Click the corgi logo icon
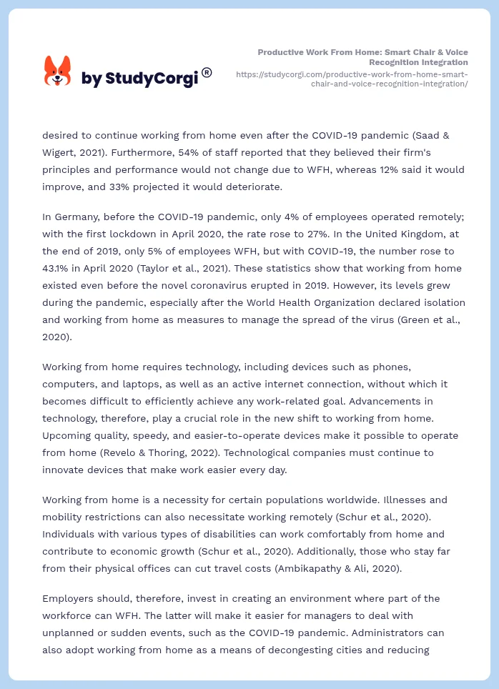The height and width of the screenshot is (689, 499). [58, 71]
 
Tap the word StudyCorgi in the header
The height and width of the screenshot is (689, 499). [151, 79]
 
